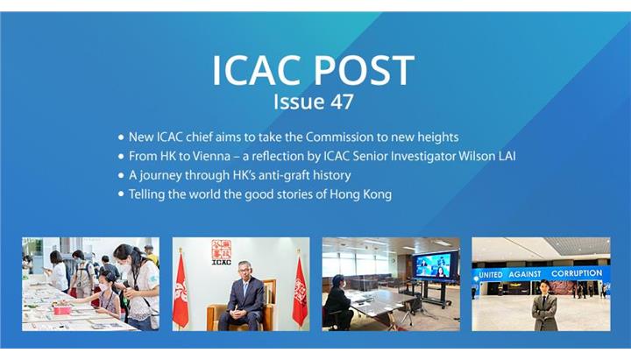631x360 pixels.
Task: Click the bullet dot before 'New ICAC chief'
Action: click(121, 138)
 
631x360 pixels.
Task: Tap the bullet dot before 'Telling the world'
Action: click(121, 194)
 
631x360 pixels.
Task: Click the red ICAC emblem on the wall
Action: click(222, 252)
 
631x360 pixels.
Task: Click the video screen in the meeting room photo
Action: click(435, 265)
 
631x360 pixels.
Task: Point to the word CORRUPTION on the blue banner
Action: click(577, 273)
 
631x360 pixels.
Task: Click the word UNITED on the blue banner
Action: click(491, 275)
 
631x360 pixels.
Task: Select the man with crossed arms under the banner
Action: click(544, 306)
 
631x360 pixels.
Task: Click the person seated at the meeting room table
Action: click(337, 302)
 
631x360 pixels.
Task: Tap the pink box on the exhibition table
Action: click(62, 310)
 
